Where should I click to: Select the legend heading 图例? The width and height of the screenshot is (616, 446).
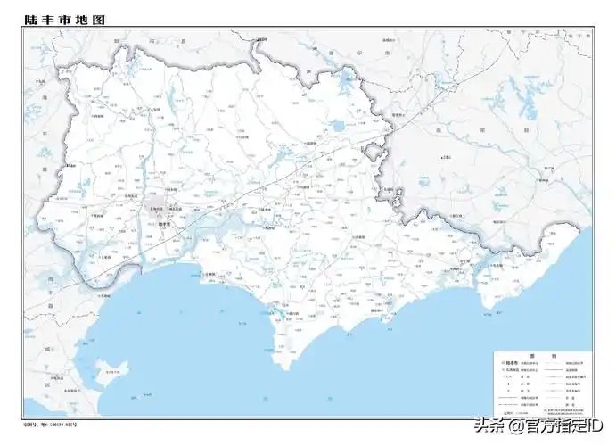[x=544, y=356]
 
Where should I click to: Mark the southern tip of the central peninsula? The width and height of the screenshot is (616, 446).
[x=283, y=367]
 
